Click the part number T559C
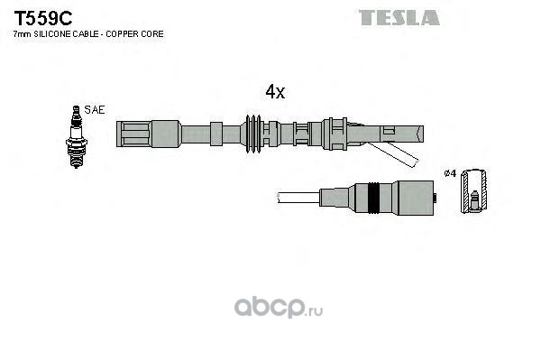click(x=42, y=18)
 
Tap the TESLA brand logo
click(x=399, y=18)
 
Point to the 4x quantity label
click(x=275, y=91)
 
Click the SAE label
click(x=94, y=110)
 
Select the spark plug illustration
click(x=77, y=137)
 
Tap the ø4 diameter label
click(x=451, y=173)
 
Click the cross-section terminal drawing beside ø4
click(x=474, y=190)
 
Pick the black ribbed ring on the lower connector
click(x=373, y=198)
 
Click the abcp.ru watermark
click(x=279, y=307)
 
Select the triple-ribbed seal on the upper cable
click(x=253, y=134)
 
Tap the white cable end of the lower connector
click(x=298, y=198)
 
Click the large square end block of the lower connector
click(x=416, y=198)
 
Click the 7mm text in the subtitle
click(x=23, y=34)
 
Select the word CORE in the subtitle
click(x=153, y=34)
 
